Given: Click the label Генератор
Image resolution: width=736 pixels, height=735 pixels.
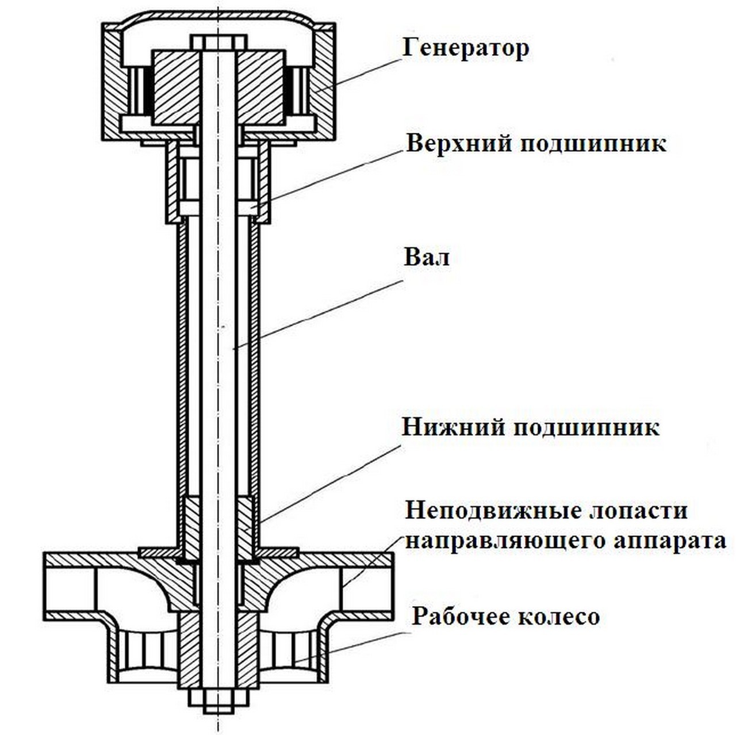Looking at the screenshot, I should point(465,48).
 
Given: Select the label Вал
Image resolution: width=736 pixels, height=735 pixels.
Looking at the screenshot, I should point(426,257).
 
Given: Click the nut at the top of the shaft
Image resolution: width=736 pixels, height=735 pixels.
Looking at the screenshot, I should point(218,42).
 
